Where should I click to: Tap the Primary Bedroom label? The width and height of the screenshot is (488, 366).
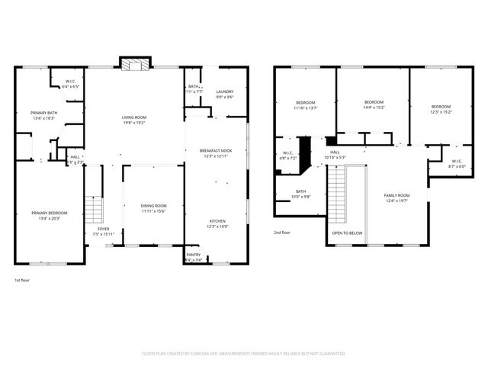click(49, 214)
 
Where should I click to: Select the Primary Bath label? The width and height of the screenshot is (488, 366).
click(44, 115)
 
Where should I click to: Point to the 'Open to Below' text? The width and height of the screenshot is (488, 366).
click(347, 233)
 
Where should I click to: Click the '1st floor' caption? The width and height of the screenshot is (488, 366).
click(23, 281)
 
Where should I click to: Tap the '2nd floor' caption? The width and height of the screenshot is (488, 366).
click(282, 233)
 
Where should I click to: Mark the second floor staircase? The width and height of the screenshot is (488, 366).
click(337, 191)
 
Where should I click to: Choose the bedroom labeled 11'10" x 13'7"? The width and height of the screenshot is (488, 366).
click(305, 104)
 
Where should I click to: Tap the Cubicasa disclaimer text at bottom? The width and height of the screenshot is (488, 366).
click(244, 354)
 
